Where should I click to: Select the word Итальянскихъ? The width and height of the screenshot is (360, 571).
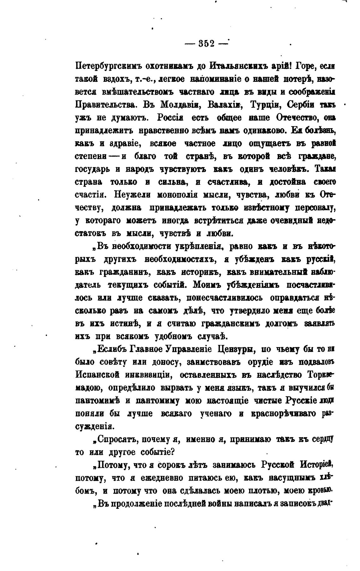[x=239, y=67]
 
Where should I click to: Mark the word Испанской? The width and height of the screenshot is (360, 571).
[x=97, y=375]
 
